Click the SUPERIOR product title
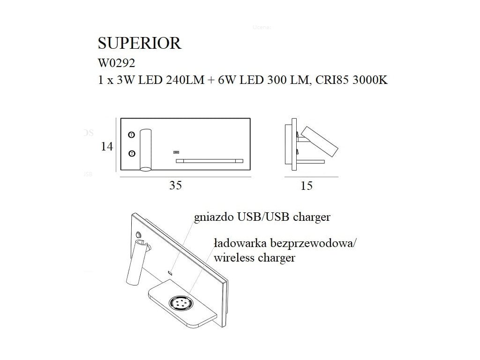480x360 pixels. pyautogui.click(x=139, y=43)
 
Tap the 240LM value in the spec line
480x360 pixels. pyautogui.click(x=183, y=80)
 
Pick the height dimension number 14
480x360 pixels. pyautogui.click(x=107, y=146)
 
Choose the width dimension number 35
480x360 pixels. pyautogui.click(x=175, y=186)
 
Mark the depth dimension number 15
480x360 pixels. pyautogui.click(x=307, y=186)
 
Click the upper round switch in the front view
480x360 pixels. pyautogui.click(x=132, y=135)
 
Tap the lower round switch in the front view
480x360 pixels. pyautogui.click(x=132, y=153)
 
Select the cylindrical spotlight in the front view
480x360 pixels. pyautogui.click(x=146, y=149)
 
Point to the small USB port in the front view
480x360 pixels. pyautogui.click(x=176, y=152)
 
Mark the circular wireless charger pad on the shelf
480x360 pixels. pyautogui.click(x=181, y=303)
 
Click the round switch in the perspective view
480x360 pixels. pyautogui.click(x=139, y=235)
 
